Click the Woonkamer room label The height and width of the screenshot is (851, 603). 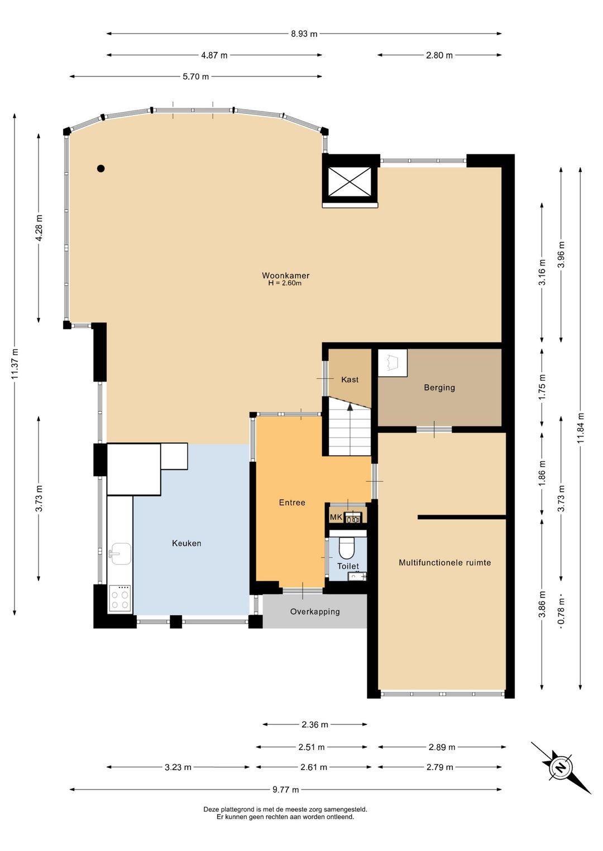(x=285, y=275)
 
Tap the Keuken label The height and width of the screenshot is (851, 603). (x=186, y=543)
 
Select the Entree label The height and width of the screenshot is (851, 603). (x=292, y=502)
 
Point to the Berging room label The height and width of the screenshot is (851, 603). (x=439, y=388)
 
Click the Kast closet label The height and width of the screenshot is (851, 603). (x=350, y=380)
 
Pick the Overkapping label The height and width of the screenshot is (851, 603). (x=315, y=612)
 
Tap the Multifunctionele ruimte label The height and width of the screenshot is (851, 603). (x=445, y=562)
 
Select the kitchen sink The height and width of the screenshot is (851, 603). (x=120, y=555)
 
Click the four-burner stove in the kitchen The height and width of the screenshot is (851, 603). (x=120, y=598)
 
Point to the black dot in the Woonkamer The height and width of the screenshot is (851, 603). (x=101, y=168)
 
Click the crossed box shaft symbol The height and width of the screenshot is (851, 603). (x=350, y=182)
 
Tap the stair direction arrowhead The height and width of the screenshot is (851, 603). (x=350, y=407)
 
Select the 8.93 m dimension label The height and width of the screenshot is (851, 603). (x=304, y=34)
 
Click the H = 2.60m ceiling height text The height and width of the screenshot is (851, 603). (x=285, y=283)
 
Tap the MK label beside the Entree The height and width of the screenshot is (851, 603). (x=336, y=517)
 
